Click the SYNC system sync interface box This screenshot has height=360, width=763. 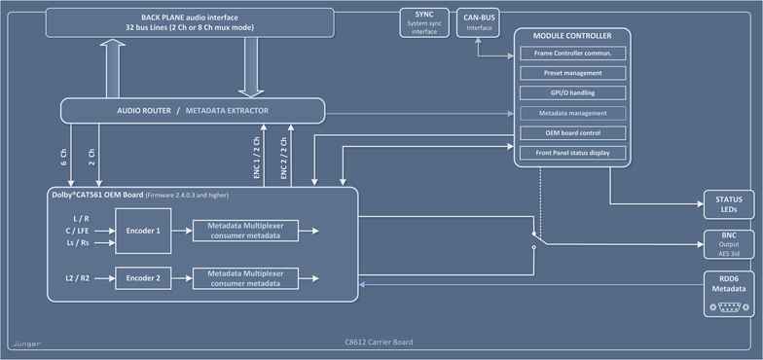point(423,22)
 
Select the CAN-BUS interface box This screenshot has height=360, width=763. point(480,22)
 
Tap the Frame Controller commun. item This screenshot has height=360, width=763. point(572,53)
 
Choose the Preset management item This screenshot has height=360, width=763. point(572,73)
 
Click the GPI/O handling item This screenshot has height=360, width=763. point(572,93)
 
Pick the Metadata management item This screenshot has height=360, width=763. point(572,113)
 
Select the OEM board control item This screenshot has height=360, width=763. point(572,132)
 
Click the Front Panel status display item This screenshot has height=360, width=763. point(572,153)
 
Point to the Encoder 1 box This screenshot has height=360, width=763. point(144,232)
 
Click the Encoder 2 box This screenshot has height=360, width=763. point(144,277)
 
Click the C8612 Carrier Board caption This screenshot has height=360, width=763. point(378,342)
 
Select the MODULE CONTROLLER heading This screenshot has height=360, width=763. point(572,35)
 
